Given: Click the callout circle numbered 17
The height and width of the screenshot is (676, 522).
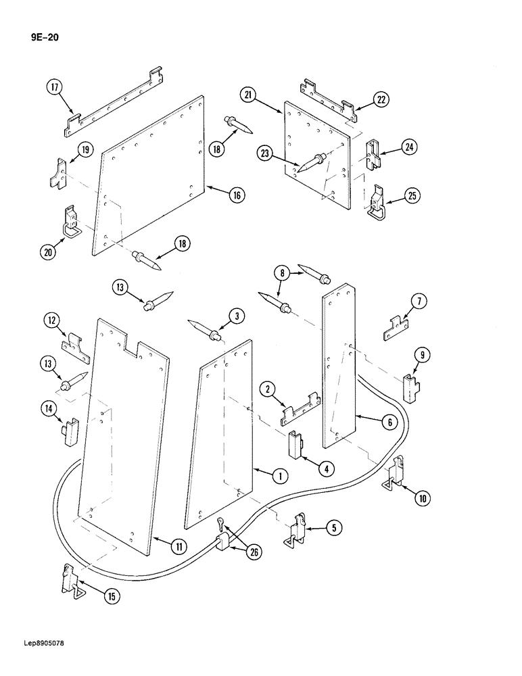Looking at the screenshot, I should [x=55, y=87].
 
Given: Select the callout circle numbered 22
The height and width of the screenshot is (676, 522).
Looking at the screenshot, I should [x=381, y=100].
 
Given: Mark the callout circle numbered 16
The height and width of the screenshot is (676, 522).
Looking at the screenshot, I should [x=236, y=195].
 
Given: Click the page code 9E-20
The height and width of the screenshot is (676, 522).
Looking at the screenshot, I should [x=44, y=37].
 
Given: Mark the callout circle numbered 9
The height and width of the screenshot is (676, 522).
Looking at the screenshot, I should [x=421, y=354].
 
